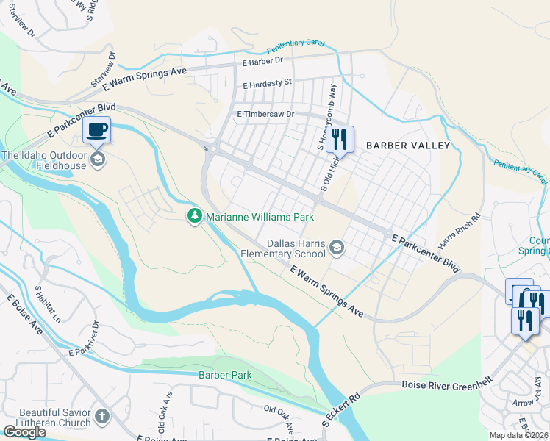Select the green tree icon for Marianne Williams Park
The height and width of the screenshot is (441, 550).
194,217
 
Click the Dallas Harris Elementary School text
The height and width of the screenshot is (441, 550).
285,248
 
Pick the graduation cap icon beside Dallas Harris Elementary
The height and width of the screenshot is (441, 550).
337,247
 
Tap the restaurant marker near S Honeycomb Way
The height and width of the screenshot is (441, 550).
340,137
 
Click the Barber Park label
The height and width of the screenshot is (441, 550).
225,375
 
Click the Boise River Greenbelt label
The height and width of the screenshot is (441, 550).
446,385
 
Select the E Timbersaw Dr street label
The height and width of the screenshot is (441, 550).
265,115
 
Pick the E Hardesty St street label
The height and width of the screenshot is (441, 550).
268,83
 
